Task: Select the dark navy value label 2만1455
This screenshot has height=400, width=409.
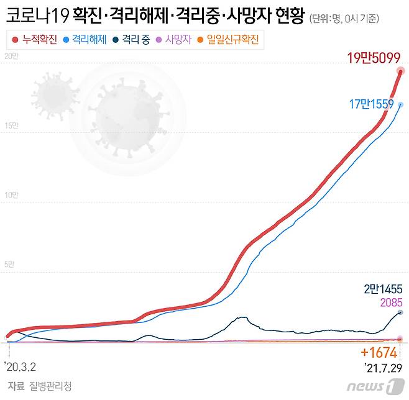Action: tap(384, 289)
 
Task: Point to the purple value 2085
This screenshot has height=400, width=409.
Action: tap(390, 302)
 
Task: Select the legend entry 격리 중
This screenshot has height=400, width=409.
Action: tap(131, 40)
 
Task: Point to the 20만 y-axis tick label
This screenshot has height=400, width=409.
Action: tap(11, 57)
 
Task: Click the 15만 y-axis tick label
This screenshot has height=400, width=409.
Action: tap(11, 126)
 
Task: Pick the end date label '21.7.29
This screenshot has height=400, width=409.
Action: tap(383, 368)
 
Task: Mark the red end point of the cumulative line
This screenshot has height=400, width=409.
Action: tap(401, 71)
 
